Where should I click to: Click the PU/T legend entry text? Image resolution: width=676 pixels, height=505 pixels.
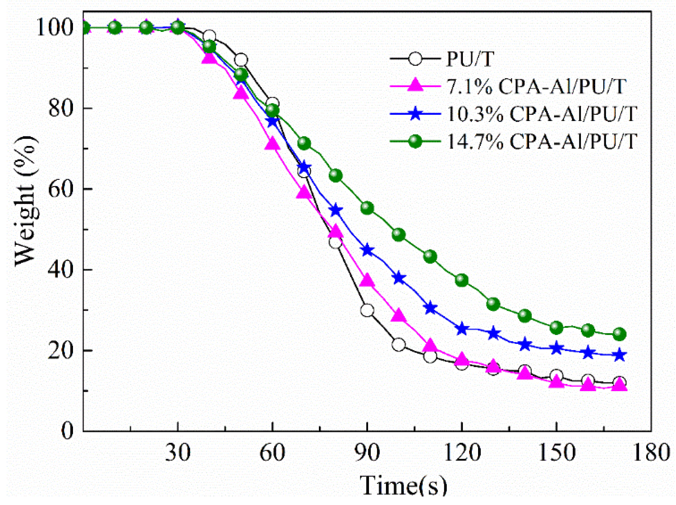tap(470, 59)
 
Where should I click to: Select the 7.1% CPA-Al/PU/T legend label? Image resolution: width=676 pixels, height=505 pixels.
tap(536, 86)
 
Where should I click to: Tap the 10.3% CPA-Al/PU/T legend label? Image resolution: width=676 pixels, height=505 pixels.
tap(542, 114)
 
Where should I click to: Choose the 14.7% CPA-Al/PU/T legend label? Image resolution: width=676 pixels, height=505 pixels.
tap(542, 142)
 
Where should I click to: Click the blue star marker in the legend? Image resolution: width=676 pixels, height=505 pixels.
tap(415, 114)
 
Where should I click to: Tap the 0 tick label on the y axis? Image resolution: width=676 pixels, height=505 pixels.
tap(67, 431)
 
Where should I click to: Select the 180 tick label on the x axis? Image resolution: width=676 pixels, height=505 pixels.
tap(651, 453)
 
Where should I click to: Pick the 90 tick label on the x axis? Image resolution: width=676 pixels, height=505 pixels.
tap(367, 453)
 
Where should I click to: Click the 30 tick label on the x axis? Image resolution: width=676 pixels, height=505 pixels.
tap(178, 453)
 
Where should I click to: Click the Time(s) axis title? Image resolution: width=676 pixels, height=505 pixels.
tap(403, 485)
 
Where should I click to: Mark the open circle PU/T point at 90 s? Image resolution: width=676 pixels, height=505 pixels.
tap(367, 310)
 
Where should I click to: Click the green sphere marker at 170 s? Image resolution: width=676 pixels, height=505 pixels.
tap(619, 334)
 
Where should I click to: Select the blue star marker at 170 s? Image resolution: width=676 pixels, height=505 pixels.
tap(619, 355)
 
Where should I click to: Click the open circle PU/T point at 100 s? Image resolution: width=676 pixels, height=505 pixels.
tap(398, 345)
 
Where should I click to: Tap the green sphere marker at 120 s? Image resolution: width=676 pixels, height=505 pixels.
tap(462, 280)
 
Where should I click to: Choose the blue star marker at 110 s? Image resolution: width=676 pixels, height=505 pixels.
tap(430, 308)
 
